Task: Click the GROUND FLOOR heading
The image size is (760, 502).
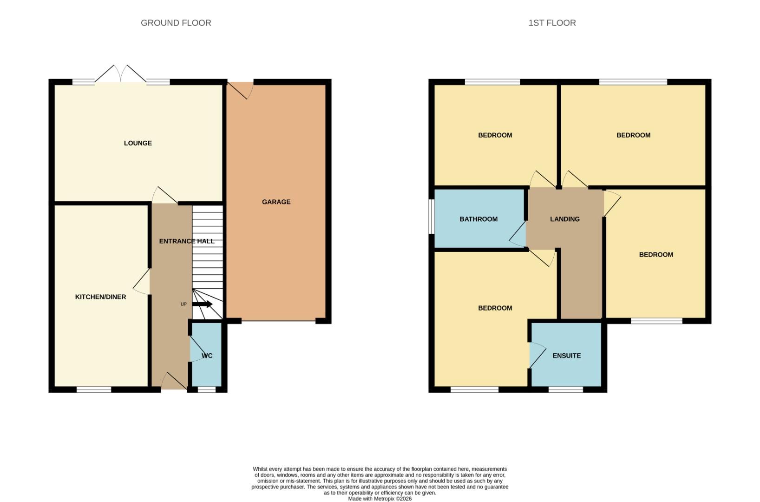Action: [176, 23]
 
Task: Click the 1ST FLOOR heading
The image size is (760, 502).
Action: [552, 23]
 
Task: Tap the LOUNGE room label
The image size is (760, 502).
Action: [138, 143]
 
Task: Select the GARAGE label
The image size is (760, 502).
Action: [276, 202]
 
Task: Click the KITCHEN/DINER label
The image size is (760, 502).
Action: [100, 297]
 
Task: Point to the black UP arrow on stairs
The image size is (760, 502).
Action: [202, 304]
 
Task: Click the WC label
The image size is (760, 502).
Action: [207, 356]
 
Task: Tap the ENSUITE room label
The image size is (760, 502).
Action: [566, 356]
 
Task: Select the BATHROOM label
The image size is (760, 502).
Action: [478, 219]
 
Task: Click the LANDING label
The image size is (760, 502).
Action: [564, 219]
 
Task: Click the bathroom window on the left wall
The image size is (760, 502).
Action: [431, 217]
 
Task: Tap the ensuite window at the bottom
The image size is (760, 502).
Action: [565, 390]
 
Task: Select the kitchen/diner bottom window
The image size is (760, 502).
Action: [94, 390]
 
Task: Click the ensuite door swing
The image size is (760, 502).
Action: [537, 355]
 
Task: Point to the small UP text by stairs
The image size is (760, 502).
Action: [183, 304]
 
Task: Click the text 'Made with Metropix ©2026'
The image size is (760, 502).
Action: [380, 499]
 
